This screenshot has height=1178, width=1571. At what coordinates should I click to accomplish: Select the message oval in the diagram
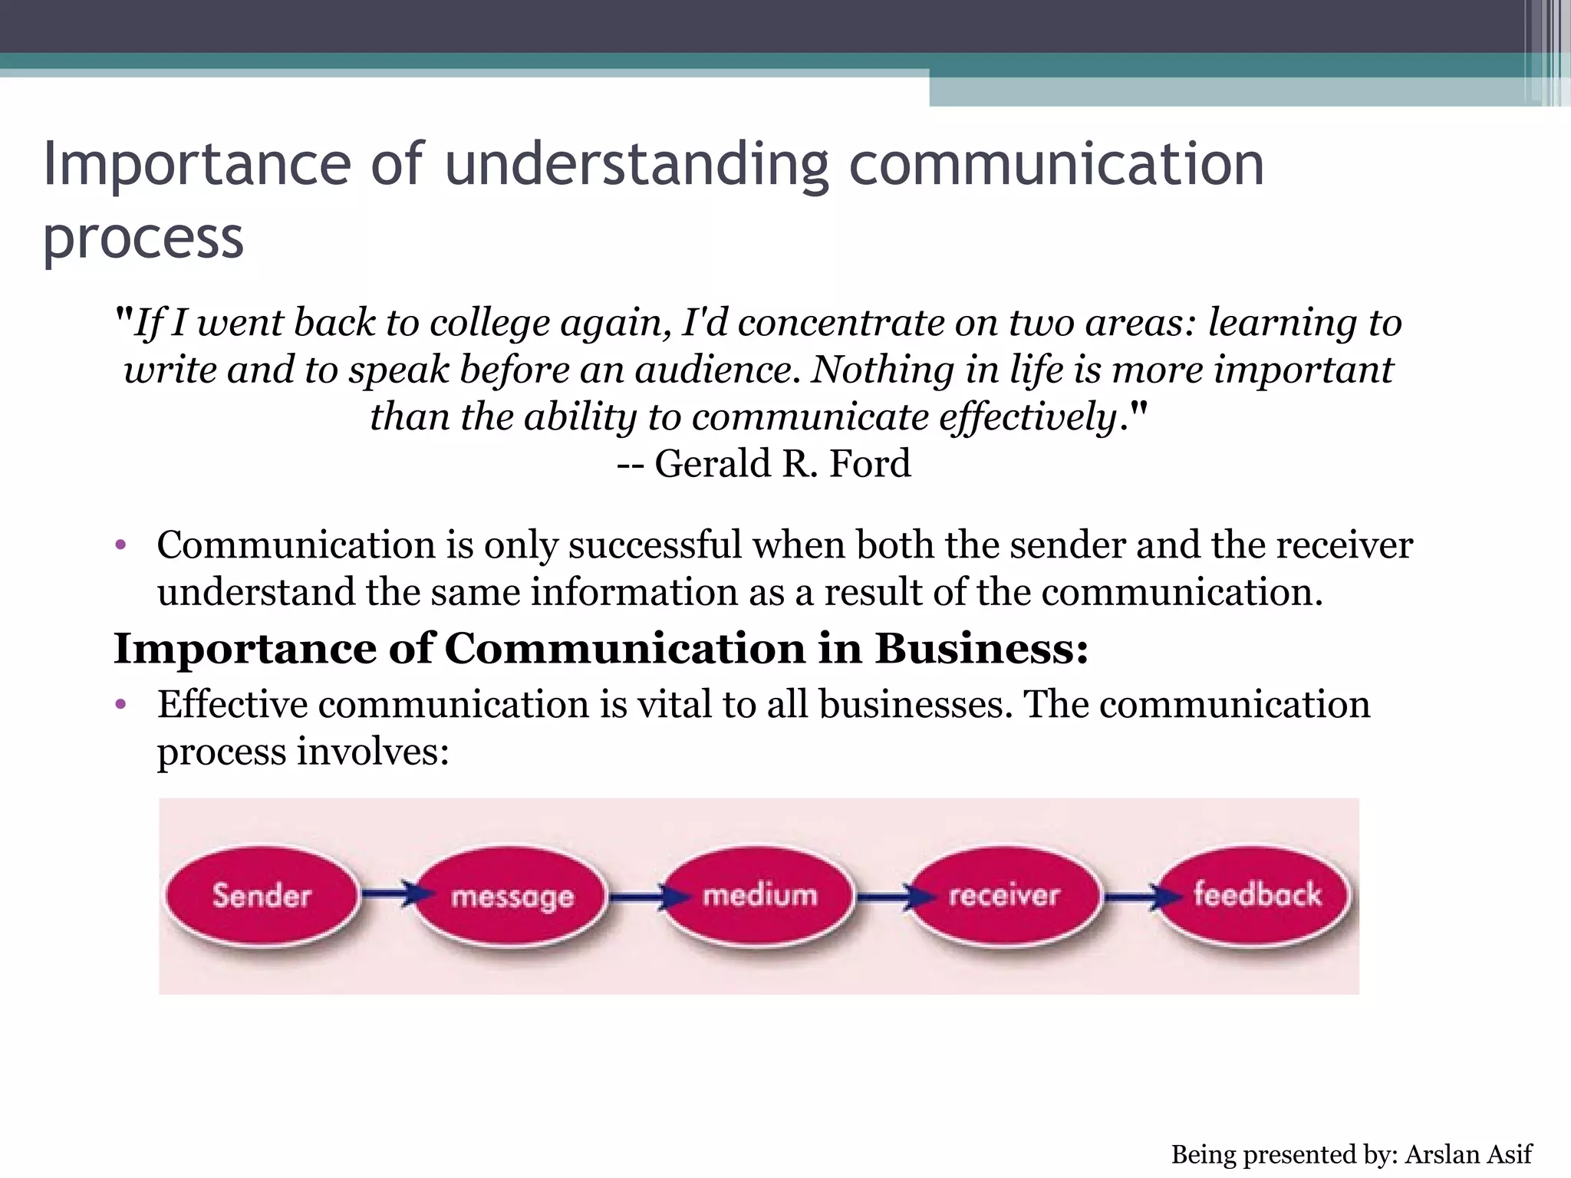coord(512,897)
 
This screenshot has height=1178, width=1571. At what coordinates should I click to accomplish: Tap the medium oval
coord(759,896)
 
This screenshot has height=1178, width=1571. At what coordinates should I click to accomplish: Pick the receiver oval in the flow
coord(1004,896)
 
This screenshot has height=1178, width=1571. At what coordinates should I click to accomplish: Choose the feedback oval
coord(1256,895)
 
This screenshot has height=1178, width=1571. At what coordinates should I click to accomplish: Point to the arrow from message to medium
coord(639,894)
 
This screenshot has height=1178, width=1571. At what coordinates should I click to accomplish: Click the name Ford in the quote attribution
coord(870,463)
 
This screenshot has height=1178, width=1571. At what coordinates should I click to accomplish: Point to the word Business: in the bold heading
coord(982,649)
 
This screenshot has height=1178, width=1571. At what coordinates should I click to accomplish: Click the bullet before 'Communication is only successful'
coord(120,546)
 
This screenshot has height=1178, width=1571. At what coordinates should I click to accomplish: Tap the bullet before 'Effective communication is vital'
coord(120,705)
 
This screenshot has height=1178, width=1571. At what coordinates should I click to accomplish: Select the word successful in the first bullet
coord(655,545)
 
